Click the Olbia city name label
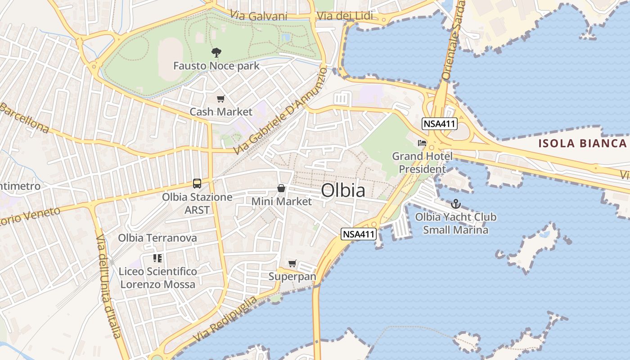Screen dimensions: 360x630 point(343,191)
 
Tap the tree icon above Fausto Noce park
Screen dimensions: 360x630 point(216,53)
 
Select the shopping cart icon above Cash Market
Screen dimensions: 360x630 point(220,99)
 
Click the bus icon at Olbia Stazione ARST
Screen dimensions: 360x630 point(197,183)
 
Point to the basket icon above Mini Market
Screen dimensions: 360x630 point(281,188)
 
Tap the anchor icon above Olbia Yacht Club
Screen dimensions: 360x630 point(456,204)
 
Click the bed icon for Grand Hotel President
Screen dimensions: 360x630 point(422,143)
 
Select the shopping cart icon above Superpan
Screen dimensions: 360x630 point(292,263)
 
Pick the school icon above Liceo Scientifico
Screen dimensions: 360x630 point(157,258)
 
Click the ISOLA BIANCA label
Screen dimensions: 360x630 point(583,144)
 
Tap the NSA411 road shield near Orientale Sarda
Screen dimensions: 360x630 point(440,124)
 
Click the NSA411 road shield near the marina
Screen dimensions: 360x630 point(358,234)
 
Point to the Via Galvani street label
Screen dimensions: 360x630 point(258,16)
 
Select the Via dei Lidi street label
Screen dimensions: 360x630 point(345,16)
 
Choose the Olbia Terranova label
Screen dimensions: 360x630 point(157,238)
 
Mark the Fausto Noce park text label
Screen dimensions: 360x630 point(216,66)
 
